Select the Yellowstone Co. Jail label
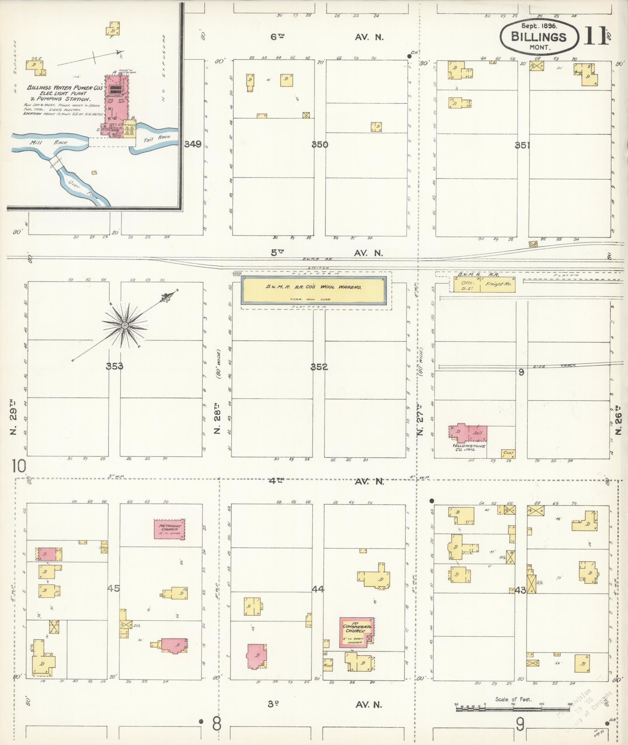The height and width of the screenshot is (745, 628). (x=469, y=447)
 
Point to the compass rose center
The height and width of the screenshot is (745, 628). (x=124, y=325)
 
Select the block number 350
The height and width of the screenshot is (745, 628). (x=320, y=144)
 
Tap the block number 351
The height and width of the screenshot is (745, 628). (x=522, y=145)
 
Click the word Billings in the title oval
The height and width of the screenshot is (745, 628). (x=538, y=37)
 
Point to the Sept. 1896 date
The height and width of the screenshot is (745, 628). (x=539, y=26)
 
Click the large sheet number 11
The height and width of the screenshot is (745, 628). (x=595, y=37)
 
